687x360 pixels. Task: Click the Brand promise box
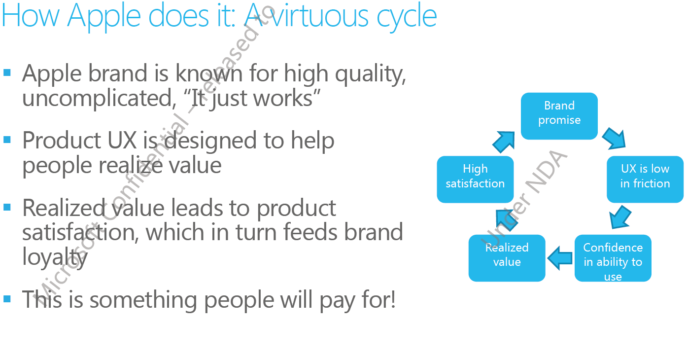[559, 116]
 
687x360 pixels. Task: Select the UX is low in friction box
[645, 179]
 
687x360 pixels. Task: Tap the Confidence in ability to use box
[613, 258]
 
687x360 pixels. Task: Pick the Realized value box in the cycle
[507, 258]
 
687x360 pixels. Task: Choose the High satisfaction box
[475, 179]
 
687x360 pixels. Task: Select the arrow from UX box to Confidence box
[620, 217]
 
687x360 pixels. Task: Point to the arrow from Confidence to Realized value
[560, 258]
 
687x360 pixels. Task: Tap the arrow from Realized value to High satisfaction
[507, 220]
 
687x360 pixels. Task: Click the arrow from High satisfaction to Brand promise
[504, 142]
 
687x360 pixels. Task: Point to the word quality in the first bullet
[371, 74]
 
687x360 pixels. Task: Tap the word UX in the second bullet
[122, 141]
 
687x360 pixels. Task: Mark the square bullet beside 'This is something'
[7, 299]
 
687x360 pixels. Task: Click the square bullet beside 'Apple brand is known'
[7, 72]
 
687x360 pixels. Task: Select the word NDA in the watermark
[547, 172]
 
